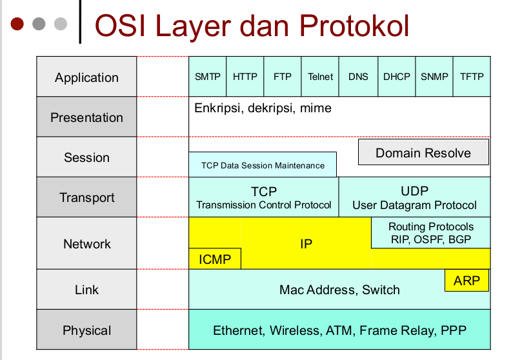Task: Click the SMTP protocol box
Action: [x=207, y=76]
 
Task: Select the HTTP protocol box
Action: [x=245, y=76]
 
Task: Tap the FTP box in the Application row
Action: [x=283, y=76]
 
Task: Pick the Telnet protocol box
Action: [x=321, y=76]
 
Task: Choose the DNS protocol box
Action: [x=358, y=76]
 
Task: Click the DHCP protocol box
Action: [x=396, y=76]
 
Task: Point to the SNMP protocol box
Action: [x=434, y=76]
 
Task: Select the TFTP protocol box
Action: [x=472, y=76]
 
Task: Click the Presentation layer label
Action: [x=86, y=117]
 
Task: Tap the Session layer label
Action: [x=86, y=157]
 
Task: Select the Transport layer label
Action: [x=86, y=197]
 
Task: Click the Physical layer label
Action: [x=86, y=330]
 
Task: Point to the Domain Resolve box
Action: [x=423, y=153]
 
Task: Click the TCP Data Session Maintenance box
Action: [x=263, y=165]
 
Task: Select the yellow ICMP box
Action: [x=215, y=259]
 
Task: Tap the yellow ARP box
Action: [x=467, y=281]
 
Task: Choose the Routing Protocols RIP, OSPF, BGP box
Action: [x=430, y=233]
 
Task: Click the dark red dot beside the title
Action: [x=17, y=24]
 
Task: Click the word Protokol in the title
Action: [x=354, y=25]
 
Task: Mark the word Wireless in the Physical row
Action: [x=294, y=330]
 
